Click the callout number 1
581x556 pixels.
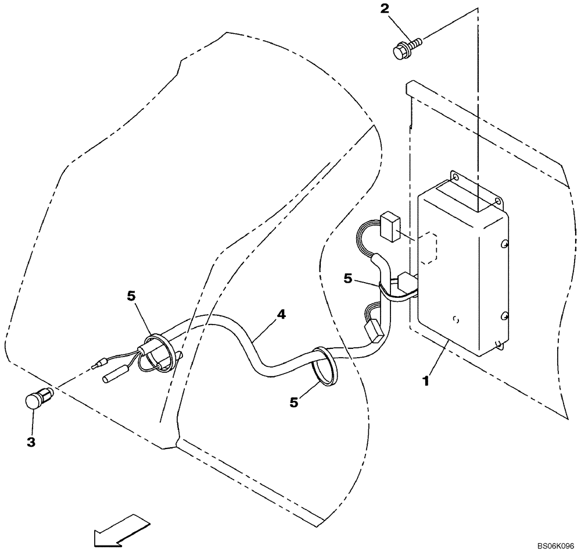[426, 382]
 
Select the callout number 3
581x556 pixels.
[31, 442]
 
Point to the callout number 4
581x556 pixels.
[281, 315]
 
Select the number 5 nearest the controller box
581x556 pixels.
[347, 279]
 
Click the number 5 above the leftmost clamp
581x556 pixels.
[131, 296]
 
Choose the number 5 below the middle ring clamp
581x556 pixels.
[294, 401]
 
